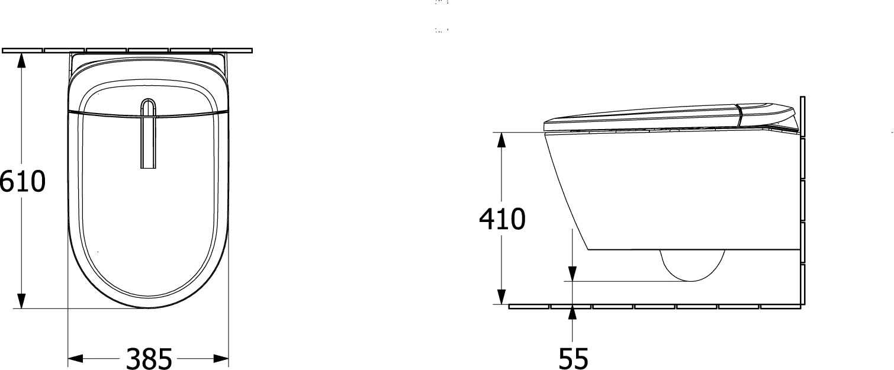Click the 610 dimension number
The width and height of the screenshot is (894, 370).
pyautogui.click(x=22, y=181)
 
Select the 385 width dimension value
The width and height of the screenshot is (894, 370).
pyautogui.click(x=149, y=358)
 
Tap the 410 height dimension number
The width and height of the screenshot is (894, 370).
pyautogui.click(x=502, y=218)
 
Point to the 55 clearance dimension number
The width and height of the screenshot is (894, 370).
pyautogui.click(x=573, y=358)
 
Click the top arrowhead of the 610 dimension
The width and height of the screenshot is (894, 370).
pyautogui.click(x=21, y=59)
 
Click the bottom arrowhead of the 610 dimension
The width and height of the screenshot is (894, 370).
pyautogui.click(x=21, y=301)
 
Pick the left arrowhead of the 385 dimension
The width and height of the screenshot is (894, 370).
pyautogui.click(x=75, y=358)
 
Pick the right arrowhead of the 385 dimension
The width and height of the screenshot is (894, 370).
pyautogui.click(x=221, y=358)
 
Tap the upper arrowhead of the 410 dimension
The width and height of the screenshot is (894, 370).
pyautogui.click(x=501, y=140)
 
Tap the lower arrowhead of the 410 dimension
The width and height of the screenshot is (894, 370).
pyautogui.click(x=501, y=297)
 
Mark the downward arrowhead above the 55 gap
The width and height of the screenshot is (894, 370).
pyautogui.click(x=573, y=274)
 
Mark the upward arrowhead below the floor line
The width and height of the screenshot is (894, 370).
pyautogui.click(x=573, y=312)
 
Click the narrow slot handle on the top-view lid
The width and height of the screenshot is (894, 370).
pyautogui.click(x=148, y=134)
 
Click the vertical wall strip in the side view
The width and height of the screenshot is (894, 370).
pyautogui.click(x=803, y=202)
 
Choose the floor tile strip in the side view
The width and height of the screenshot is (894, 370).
pyautogui.click(x=655, y=307)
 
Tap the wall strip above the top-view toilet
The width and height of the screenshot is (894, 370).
pyautogui.click(x=127, y=50)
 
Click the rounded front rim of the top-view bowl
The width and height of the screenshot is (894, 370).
pyautogui.click(x=148, y=303)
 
